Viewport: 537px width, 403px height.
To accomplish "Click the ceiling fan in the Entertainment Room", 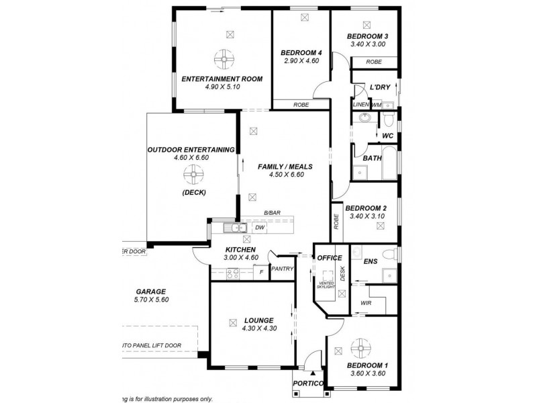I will tap(222, 60).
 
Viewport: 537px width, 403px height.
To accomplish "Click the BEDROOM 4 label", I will tap(301, 52).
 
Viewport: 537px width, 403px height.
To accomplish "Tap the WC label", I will tap(387, 135).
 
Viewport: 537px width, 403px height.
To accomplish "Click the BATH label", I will tap(372, 159).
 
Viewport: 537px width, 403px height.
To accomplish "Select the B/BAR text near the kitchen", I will tap(272, 214).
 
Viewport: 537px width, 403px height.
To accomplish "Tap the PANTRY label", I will tap(280, 269).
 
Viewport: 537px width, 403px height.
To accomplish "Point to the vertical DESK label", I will tap(342, 273).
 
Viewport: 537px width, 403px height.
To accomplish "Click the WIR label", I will tap(365, 303).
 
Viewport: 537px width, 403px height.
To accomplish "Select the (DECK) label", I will tap(193, 192).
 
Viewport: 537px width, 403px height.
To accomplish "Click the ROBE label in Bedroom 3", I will tap(375, 61).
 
